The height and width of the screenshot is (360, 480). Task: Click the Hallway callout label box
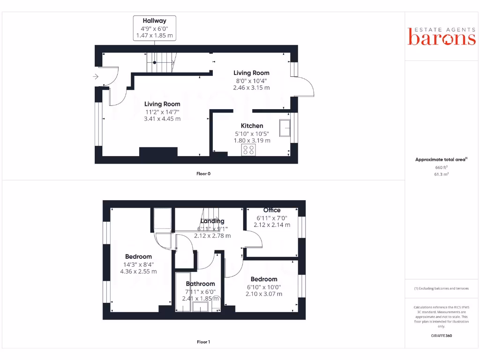pyautogui.click(x=154, y=28)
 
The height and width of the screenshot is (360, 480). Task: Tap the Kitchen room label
pyautogui.click(x=252, y=126)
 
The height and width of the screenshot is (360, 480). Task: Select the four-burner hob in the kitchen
pyautogui.click(x=249, y=150)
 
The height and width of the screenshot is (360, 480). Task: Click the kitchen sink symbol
pyautogui.click(x=284, y=128)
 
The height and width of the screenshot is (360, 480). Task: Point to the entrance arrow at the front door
pyautogui.click(x=96, y=76)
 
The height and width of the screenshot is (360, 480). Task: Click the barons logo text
pyautogui.click(x=441, y=38)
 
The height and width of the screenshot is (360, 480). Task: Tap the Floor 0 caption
pyautogui.click(x=203, y=174)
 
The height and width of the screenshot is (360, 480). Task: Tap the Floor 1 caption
pyautogui.click(x=203, y=342)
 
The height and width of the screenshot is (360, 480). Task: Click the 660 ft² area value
pyautogui.click(x=441, y=167)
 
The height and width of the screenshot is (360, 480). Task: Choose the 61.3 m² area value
pyautogui.click(x=441, y=174)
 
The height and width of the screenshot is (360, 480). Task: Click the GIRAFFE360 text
pyautogui.click(x=441, y=336)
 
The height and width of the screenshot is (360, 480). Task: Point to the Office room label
pyautogui.click(x=272, y=210)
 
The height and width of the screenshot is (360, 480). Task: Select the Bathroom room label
pyautogui.click(x=200, y=284)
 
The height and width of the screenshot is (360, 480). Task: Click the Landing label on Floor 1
pyautogui.click(x=212, y=221)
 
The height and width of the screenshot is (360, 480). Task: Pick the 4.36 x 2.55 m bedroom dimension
pyautogui.click(x=138, y=271)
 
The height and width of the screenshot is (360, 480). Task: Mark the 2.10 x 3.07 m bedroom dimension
pyautogui.click(x=264, y=294)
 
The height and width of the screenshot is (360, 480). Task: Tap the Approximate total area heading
pyautogui.click(x=441, y=160)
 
